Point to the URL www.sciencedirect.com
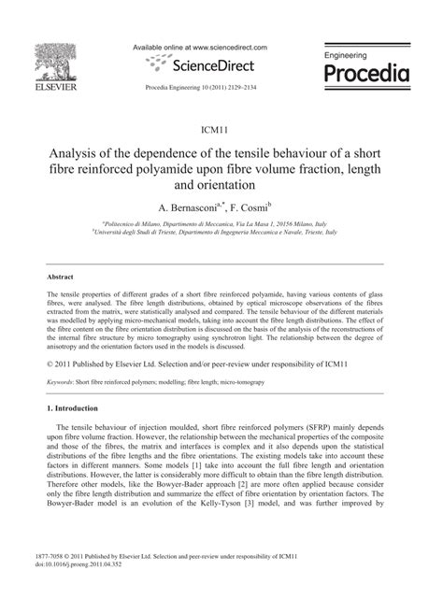[230, 47]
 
